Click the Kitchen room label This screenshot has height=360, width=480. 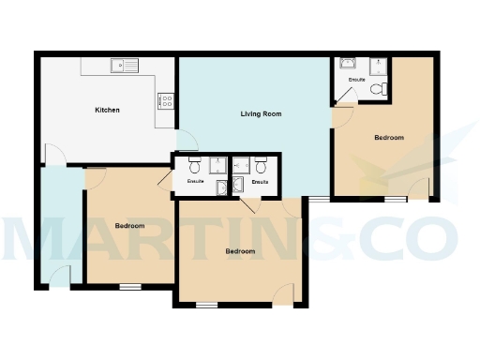pos(107,111)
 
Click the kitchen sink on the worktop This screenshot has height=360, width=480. pos(123,66)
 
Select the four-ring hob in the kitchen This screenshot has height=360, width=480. pos(166,99)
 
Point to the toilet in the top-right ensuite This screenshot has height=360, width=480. pos(376,89)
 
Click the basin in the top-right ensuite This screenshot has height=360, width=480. pos(348,64)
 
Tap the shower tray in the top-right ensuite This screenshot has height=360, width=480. pos(380,66)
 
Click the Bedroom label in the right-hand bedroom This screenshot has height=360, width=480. pos(389,138)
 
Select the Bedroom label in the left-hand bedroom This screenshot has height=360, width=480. pos(129,226)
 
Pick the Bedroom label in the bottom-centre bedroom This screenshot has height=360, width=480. pos(240,251)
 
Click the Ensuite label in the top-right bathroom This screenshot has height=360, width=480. pos(356,81)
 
